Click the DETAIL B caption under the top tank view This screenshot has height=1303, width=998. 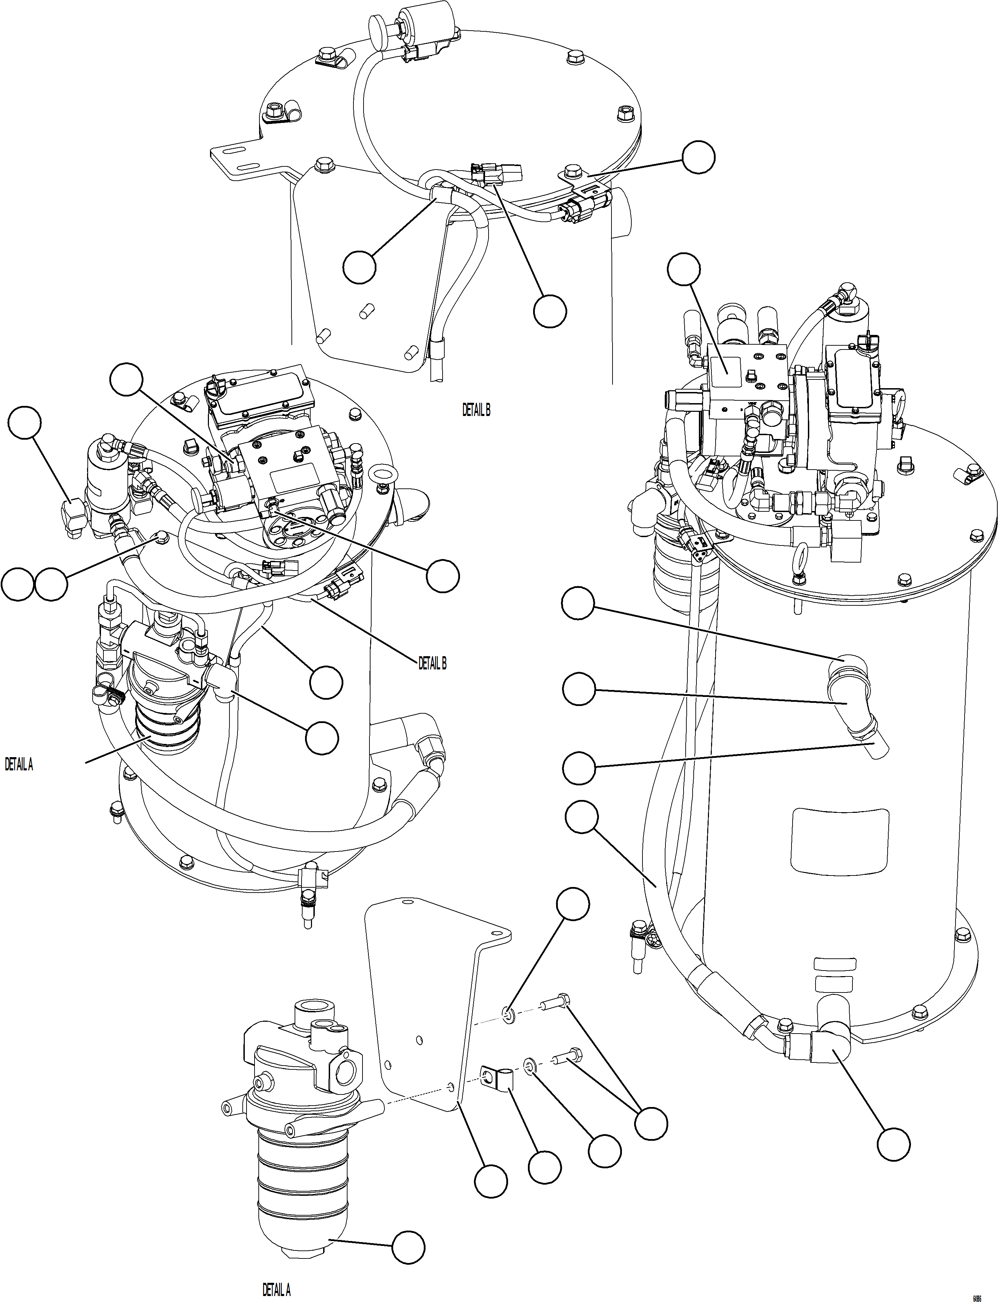click(476, 410)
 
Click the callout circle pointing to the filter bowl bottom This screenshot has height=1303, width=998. click(409, 1242)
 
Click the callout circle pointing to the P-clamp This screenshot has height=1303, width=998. click(545, 1167)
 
